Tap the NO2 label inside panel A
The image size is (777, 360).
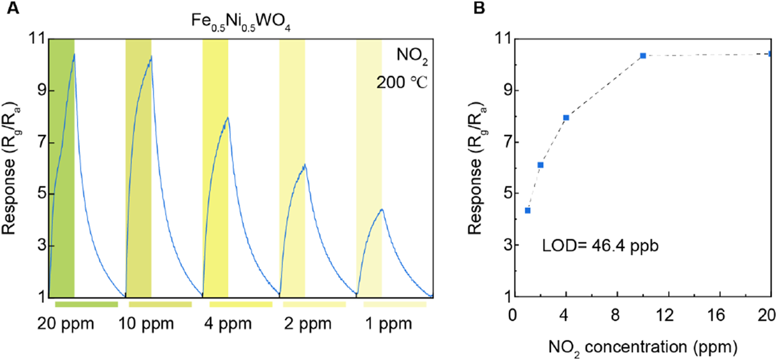click(x=410, y=56)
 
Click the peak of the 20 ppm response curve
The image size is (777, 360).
click(x=73, y=54)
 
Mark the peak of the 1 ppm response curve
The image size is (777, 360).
click(x=382, y=209)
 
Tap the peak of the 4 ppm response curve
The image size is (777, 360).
click(x=228, y=117)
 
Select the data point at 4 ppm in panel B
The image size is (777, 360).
click(x=566, y=117)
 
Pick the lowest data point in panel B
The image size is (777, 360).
click(x=527, y=211)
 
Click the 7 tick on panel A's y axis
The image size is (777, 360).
click(x=37, y=142)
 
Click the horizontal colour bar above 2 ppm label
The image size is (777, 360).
click(x=314, y=304)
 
